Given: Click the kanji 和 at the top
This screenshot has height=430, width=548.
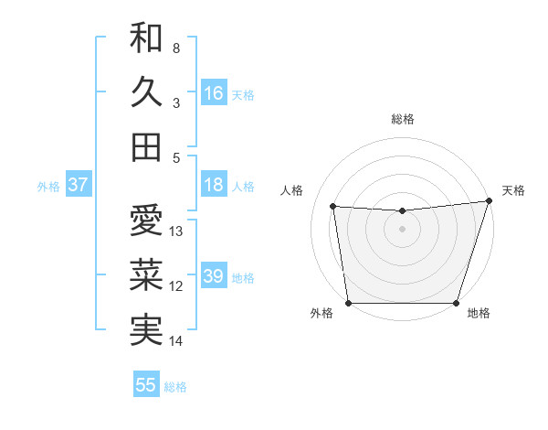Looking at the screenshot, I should pyautogui.click(x=146, y=38).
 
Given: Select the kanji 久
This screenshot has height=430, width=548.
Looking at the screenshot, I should pyautogui.click(x=146, y=92).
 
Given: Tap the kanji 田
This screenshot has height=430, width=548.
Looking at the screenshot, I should pyautogui.click(x=146, y=146).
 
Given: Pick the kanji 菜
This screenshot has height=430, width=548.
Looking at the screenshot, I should pyautogui.click(x=146, y=275).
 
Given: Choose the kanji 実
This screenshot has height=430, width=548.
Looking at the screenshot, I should pyautogui.click(x=146, y=330).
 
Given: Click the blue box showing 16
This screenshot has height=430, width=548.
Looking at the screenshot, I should pyautogui.click(x=214, y=92).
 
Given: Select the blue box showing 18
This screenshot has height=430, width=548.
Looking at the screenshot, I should pyautogui.click(x=214, y=185).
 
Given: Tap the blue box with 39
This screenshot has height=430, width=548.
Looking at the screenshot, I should pyautogui.click(x=214, y=276).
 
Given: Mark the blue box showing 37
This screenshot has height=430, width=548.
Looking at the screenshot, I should pyautogui.click(x=78, y=185).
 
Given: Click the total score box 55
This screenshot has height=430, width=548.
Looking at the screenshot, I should pyautogui.click(x=146, y=385).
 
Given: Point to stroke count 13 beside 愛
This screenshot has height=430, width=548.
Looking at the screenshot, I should pyautogui.click(x=176, y=231).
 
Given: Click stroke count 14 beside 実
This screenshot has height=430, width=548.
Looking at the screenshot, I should pyautogui.click(x=176, y=341).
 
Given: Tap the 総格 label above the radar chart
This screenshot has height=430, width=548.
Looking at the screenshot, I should pyautogui.click(x=402, y=119).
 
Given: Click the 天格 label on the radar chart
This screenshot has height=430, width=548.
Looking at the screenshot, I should pyautogui.click(x=513, y=190).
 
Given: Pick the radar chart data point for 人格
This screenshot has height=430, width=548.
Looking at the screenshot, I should pyautogui.click(x=333, y=207).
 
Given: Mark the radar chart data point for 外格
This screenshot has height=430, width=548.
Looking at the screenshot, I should pyautogui.click(x=348, y=303).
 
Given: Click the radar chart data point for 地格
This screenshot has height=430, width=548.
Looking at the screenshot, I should pyautogui.click(x=456, y=303).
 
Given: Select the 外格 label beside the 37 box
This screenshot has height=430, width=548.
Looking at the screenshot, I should pyautogui.click(x=48, y=186).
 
